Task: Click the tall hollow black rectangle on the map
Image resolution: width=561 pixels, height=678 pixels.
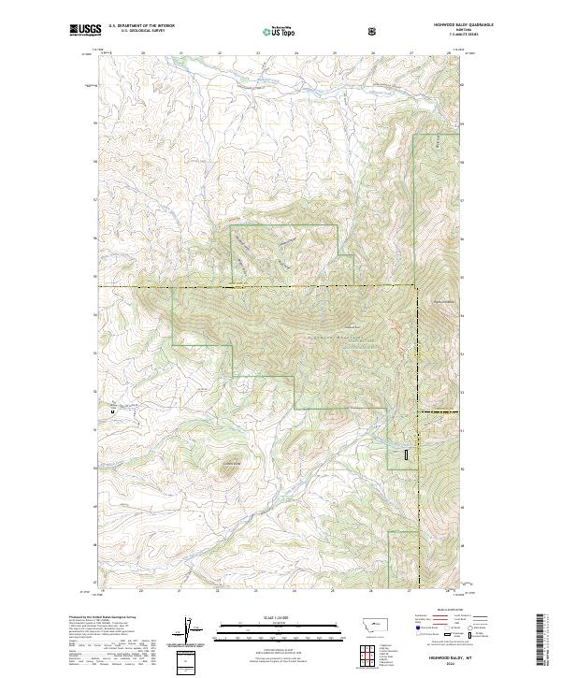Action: [407, 454]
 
